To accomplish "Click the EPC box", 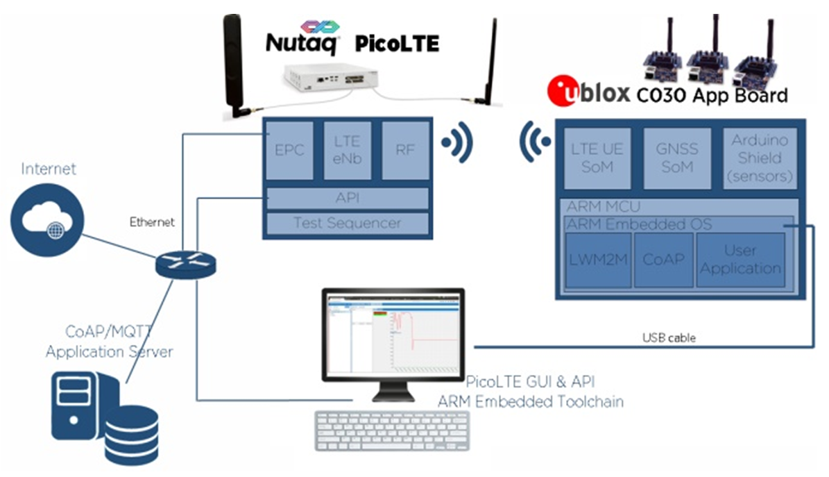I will point(289,151).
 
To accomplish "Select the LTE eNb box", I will point(346,151).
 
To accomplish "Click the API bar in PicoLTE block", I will point(346,199).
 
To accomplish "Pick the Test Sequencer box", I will point(346,223).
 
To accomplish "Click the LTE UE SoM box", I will point(597,158).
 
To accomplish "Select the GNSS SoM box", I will point(677,158).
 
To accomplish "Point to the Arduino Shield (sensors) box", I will point(762,158).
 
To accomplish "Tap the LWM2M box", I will point(598,260).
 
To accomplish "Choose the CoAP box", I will point(664,260).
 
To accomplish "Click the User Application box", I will point(740,260).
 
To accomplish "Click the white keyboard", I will point(393,431).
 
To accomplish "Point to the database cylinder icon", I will point(131,434).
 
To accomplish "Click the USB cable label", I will point(669,338).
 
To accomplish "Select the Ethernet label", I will point(152,223).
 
